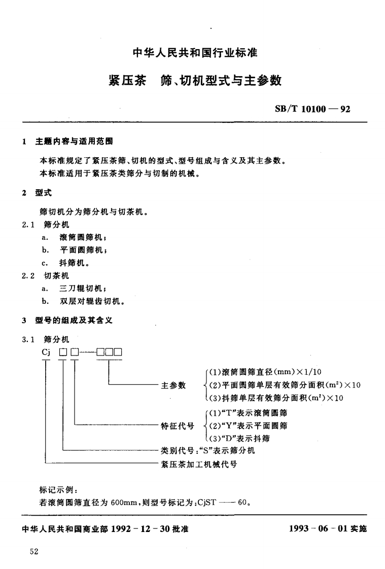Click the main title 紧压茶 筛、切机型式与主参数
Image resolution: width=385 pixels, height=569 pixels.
[195, 81]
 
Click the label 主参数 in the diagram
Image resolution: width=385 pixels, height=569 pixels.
[173, 385]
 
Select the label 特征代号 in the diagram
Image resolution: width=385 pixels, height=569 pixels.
[178, 425]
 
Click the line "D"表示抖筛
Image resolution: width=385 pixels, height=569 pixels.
[239, 439]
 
